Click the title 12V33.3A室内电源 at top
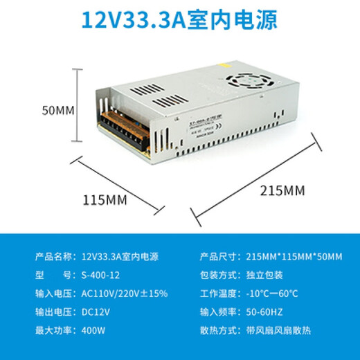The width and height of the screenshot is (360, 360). (179, 19)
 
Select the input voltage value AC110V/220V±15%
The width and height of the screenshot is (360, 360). (125, 293)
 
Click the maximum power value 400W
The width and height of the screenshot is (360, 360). (93, 329)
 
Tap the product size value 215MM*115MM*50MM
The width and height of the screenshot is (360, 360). (294, 257)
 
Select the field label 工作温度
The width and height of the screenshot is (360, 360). (217, 293)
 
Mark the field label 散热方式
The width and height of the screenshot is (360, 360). (217, 329)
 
